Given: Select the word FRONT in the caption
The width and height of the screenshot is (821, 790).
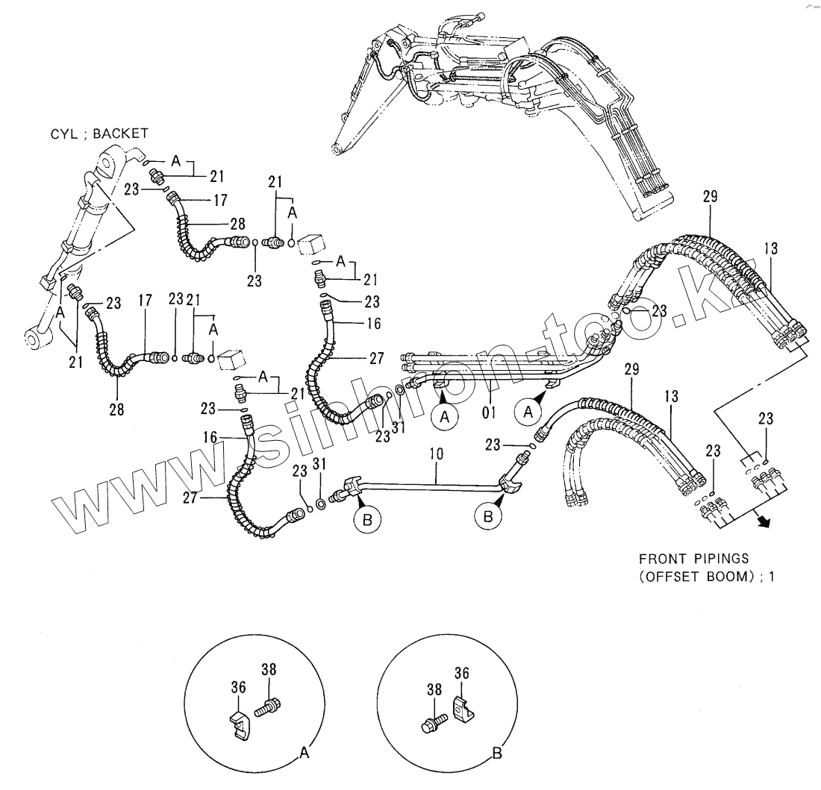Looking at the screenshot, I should (659, 558).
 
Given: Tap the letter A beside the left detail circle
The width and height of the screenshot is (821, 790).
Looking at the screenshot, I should (304, 753).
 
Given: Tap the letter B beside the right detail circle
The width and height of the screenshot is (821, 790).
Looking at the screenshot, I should (497, 754).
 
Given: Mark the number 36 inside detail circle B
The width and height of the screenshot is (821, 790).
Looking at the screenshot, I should (462, 674).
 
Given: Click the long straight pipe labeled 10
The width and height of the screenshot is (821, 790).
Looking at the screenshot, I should (433, 485).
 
